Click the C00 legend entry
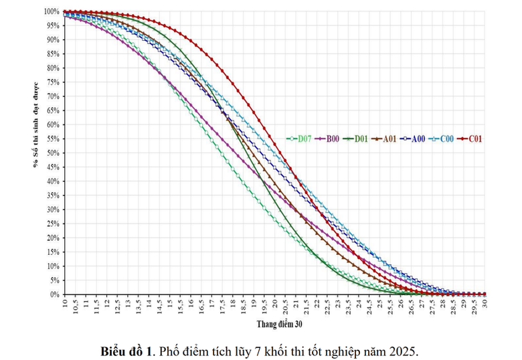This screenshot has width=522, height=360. [443, 139]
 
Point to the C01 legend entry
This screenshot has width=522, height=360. [471, 139]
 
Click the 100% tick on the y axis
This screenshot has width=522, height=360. [52, 11]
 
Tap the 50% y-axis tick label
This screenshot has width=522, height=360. [54, 153]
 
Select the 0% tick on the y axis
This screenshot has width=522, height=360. [56, 294]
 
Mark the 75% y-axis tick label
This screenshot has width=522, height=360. [54, 82]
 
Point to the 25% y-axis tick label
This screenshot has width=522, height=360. [54, 223]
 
